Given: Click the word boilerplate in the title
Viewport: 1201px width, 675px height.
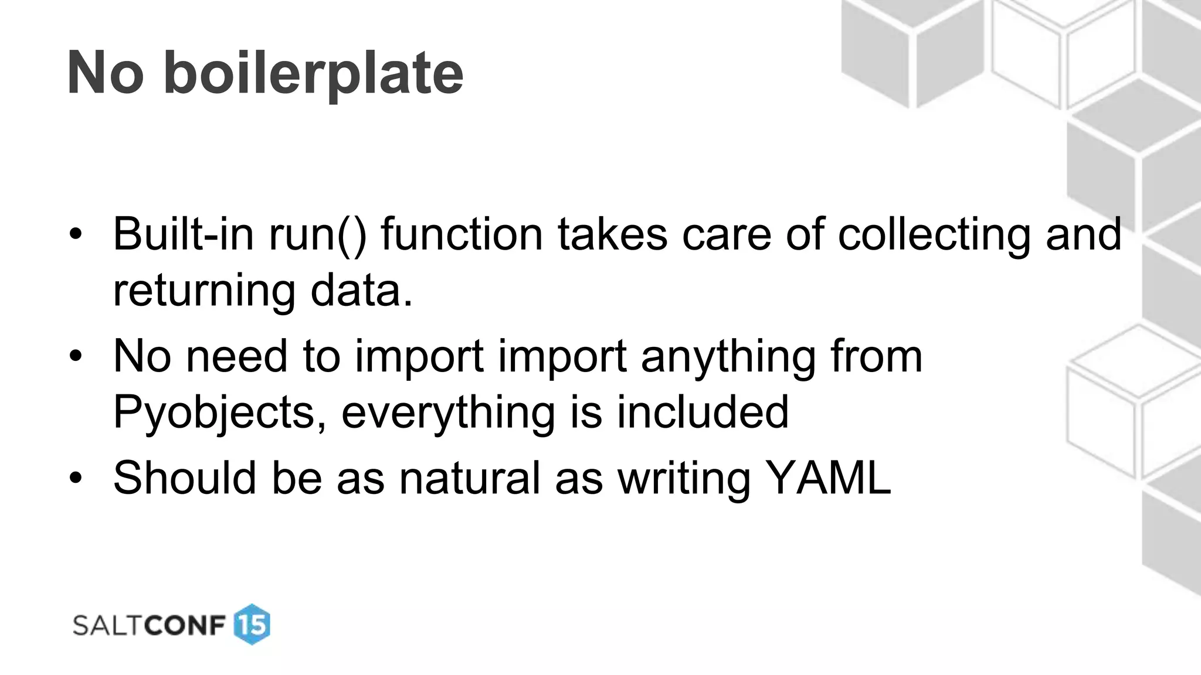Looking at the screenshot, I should coord(313,73).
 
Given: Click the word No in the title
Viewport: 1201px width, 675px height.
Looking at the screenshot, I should coord(106,73).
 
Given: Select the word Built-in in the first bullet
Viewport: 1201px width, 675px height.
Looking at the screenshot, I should coord(184,234).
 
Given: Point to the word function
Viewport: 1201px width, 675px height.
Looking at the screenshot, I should coord(462,234).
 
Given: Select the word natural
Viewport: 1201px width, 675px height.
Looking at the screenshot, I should coord(469,478).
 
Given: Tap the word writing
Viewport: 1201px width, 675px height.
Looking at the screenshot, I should coord(684,478).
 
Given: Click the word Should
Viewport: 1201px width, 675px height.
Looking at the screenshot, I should coord(185,478).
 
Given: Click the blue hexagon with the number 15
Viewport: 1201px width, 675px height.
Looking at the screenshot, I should coord(252,625).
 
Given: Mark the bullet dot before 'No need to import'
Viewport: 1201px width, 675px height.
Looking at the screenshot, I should coord(75,356).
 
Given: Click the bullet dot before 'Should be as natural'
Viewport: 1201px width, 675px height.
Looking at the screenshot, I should coord(75,478).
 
